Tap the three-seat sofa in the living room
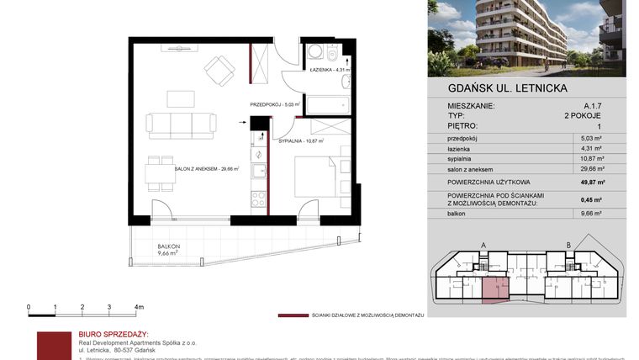click(x=181, y=125)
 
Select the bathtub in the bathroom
click(x=327, y=104)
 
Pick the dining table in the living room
click(x=159, y=175)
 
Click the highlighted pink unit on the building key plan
click(x=491, y=289)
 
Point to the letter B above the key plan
click(x=569, y=246)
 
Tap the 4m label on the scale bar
click(x=139, y=308)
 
